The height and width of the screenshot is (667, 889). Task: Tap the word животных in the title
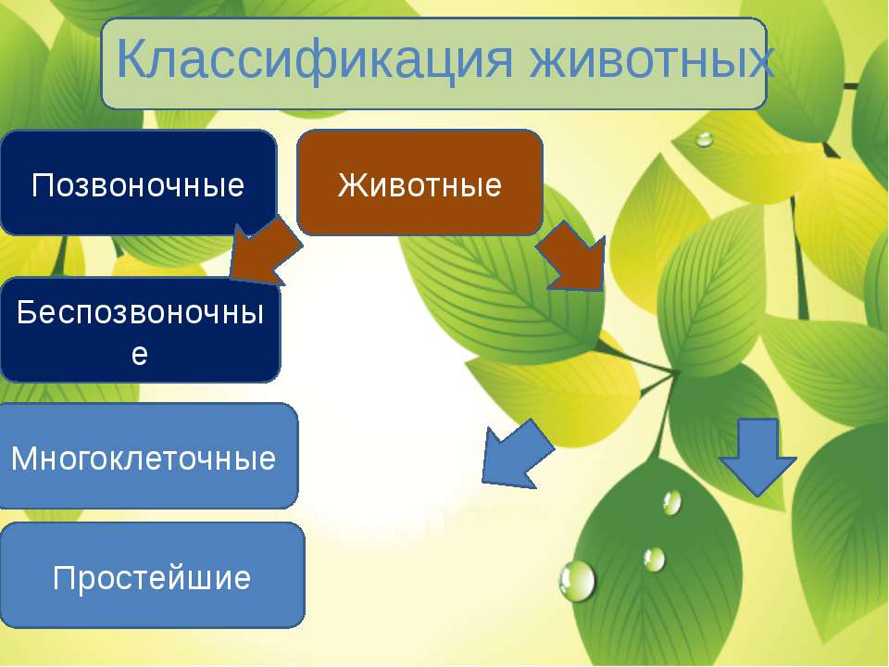tap(652, 58)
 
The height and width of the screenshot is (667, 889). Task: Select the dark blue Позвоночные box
tap(138, 182)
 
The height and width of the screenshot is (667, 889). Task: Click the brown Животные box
tap(419, 182)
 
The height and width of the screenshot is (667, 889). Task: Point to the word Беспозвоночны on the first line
tap(140, 312)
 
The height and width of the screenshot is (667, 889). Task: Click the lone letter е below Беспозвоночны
tap(140, 354)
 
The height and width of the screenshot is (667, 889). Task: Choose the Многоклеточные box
tap(147, 456)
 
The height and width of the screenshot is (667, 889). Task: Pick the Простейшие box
tap(151, 575)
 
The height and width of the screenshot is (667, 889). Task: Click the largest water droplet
tap(577, 581)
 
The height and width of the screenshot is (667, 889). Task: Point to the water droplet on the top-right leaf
tap(704, 139)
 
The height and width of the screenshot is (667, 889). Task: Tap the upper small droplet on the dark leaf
tap(672, 502)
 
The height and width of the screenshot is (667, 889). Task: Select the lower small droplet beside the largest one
tap(654, 559)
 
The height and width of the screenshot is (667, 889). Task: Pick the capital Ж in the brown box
tap(352, 185)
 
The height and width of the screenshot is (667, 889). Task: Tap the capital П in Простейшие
tap(64, 578)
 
